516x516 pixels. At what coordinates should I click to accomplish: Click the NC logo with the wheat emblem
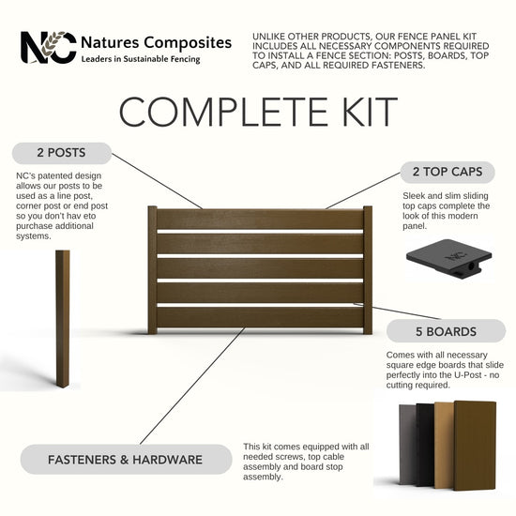(x=49, y=48)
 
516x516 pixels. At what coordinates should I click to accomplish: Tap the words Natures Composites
(x=156, y=43)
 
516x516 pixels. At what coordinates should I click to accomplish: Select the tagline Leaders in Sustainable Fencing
(x=141, y=59)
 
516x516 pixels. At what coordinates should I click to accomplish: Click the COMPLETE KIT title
(x=258, y=112)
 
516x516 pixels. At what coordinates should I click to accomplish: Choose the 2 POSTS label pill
(x=62, y=153)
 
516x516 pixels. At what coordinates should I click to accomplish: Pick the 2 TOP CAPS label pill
(x=448, y=172)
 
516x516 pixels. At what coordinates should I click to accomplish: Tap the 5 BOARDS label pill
(x=446, y=331)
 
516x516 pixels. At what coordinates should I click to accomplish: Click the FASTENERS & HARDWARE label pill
(x=126, y=460)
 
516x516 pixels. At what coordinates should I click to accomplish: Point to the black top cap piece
(x=448, y=259)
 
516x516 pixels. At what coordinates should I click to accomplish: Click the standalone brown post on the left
(x=63, y=319)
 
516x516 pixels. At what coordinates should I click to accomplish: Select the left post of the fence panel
(x=152, y=270)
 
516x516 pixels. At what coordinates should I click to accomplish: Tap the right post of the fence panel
(x=368, y=270)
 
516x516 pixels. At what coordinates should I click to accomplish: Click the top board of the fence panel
(x=260, y=220)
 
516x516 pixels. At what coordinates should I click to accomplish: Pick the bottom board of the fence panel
(x=260, y=317)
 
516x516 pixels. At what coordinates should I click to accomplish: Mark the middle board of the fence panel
(x=260, y=268)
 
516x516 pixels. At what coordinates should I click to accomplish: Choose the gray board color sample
(x=408, y=445)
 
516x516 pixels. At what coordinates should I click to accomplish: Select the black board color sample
(x=426, y=445)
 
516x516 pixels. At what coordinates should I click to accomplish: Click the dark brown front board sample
(x=475, y=446)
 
